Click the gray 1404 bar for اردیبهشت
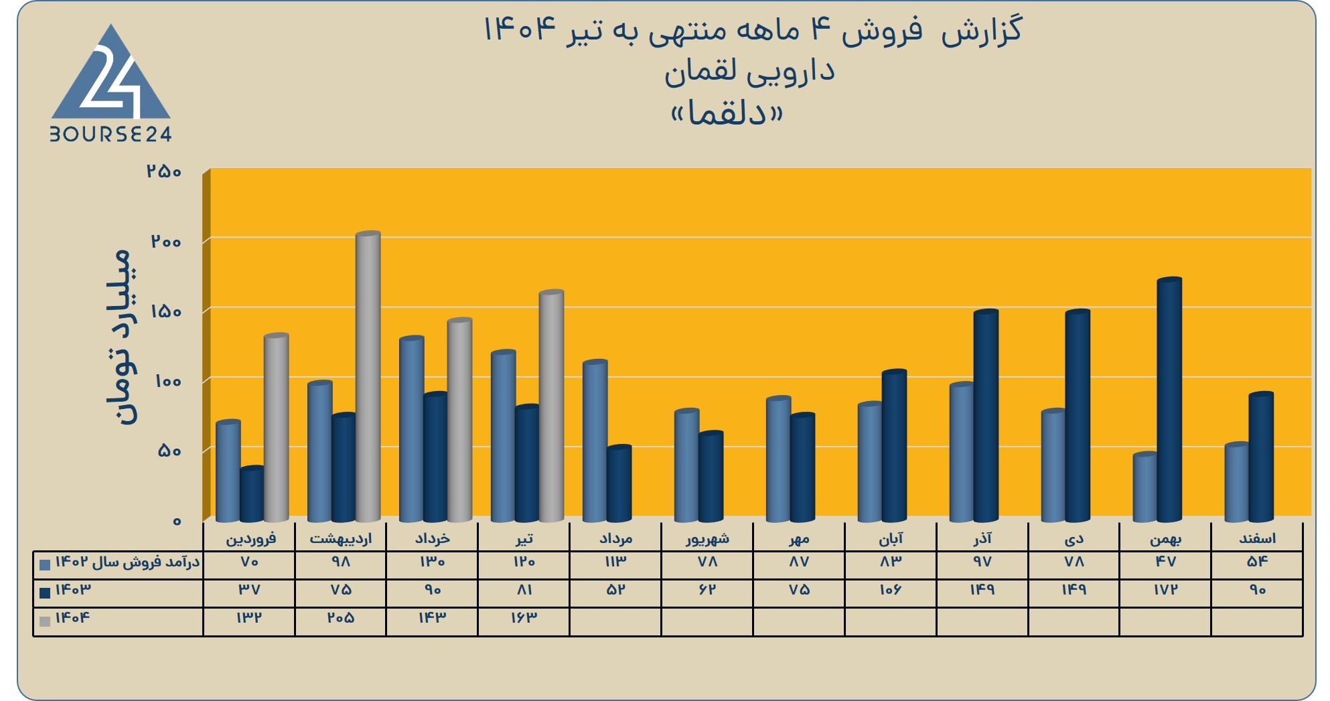[x=368, y=376]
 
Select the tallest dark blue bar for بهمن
[x=1169, y=400]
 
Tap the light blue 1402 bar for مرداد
[x=595, y=441]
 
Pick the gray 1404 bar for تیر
[x=551, y=406]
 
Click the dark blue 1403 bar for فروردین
[x=252, y=494]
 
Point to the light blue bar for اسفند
[x=1237, y=482]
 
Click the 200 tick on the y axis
[x=166, y=241]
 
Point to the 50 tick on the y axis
[x=169, y=451]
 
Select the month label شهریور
[x=707, y=538]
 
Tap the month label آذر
[x=982, y=538]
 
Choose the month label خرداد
[x=433, y=538]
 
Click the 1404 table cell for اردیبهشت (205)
[x=341, y=618]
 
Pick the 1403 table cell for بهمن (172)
[x=1165, y=590]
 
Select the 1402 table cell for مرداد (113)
[x=615, y=562]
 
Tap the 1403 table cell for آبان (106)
[x=890, y=590]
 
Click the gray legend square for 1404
[x=45, y=621]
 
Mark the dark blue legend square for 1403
[x=45, y=593]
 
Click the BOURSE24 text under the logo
[x=111, y=135]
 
